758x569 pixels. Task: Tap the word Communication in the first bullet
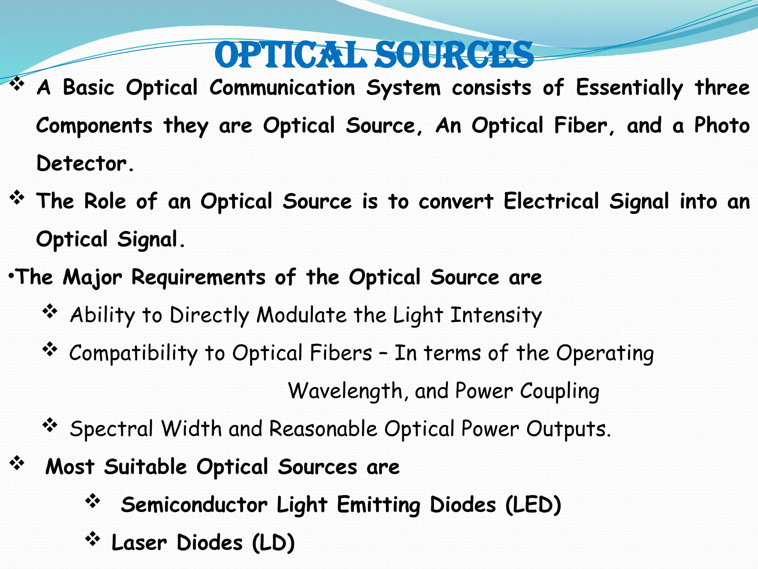[282, 88]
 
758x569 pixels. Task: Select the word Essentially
[629, 88]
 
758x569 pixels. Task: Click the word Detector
[82, 163]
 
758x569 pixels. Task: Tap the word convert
[456, 202]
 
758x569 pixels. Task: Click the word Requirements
[198, 277]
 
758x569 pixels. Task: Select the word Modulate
[302, 315]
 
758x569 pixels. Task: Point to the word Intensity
[496, 316]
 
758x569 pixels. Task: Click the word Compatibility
[133, 353]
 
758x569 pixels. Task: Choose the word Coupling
[559, 392]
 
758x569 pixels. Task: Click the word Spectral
[111, 429]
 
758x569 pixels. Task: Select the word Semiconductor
[194, 505]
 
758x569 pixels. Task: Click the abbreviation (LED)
[533, 505]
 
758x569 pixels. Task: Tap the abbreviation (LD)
[274, 543]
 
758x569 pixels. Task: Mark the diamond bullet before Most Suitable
[17, 463]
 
